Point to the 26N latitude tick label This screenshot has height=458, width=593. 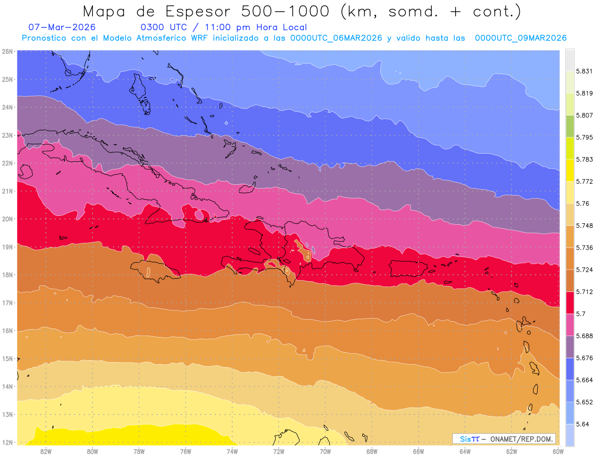coord(7,51)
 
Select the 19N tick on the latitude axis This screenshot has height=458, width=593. coord(7,247)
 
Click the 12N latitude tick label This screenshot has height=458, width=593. coord(7,442)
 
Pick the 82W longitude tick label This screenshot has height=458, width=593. coord(46,451)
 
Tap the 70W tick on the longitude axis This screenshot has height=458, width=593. coord(325,451)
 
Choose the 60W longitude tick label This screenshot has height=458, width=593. coord(558,451)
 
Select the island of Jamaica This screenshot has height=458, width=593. coord(155,269)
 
